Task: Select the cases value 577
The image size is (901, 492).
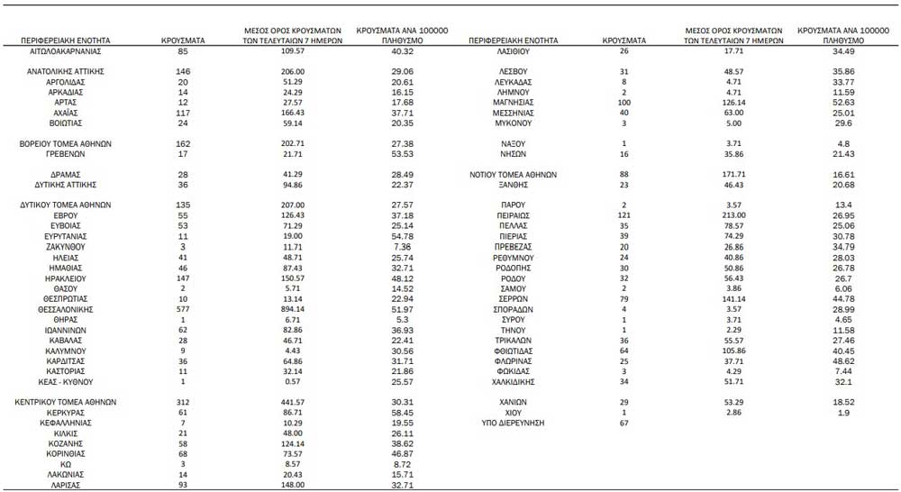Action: tap(183, 308)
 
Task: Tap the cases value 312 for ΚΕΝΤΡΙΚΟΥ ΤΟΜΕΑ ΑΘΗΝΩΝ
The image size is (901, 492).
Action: tap(183, 402)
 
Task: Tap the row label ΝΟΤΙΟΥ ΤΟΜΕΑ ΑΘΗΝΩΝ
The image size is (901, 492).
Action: tap(514, 175)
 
